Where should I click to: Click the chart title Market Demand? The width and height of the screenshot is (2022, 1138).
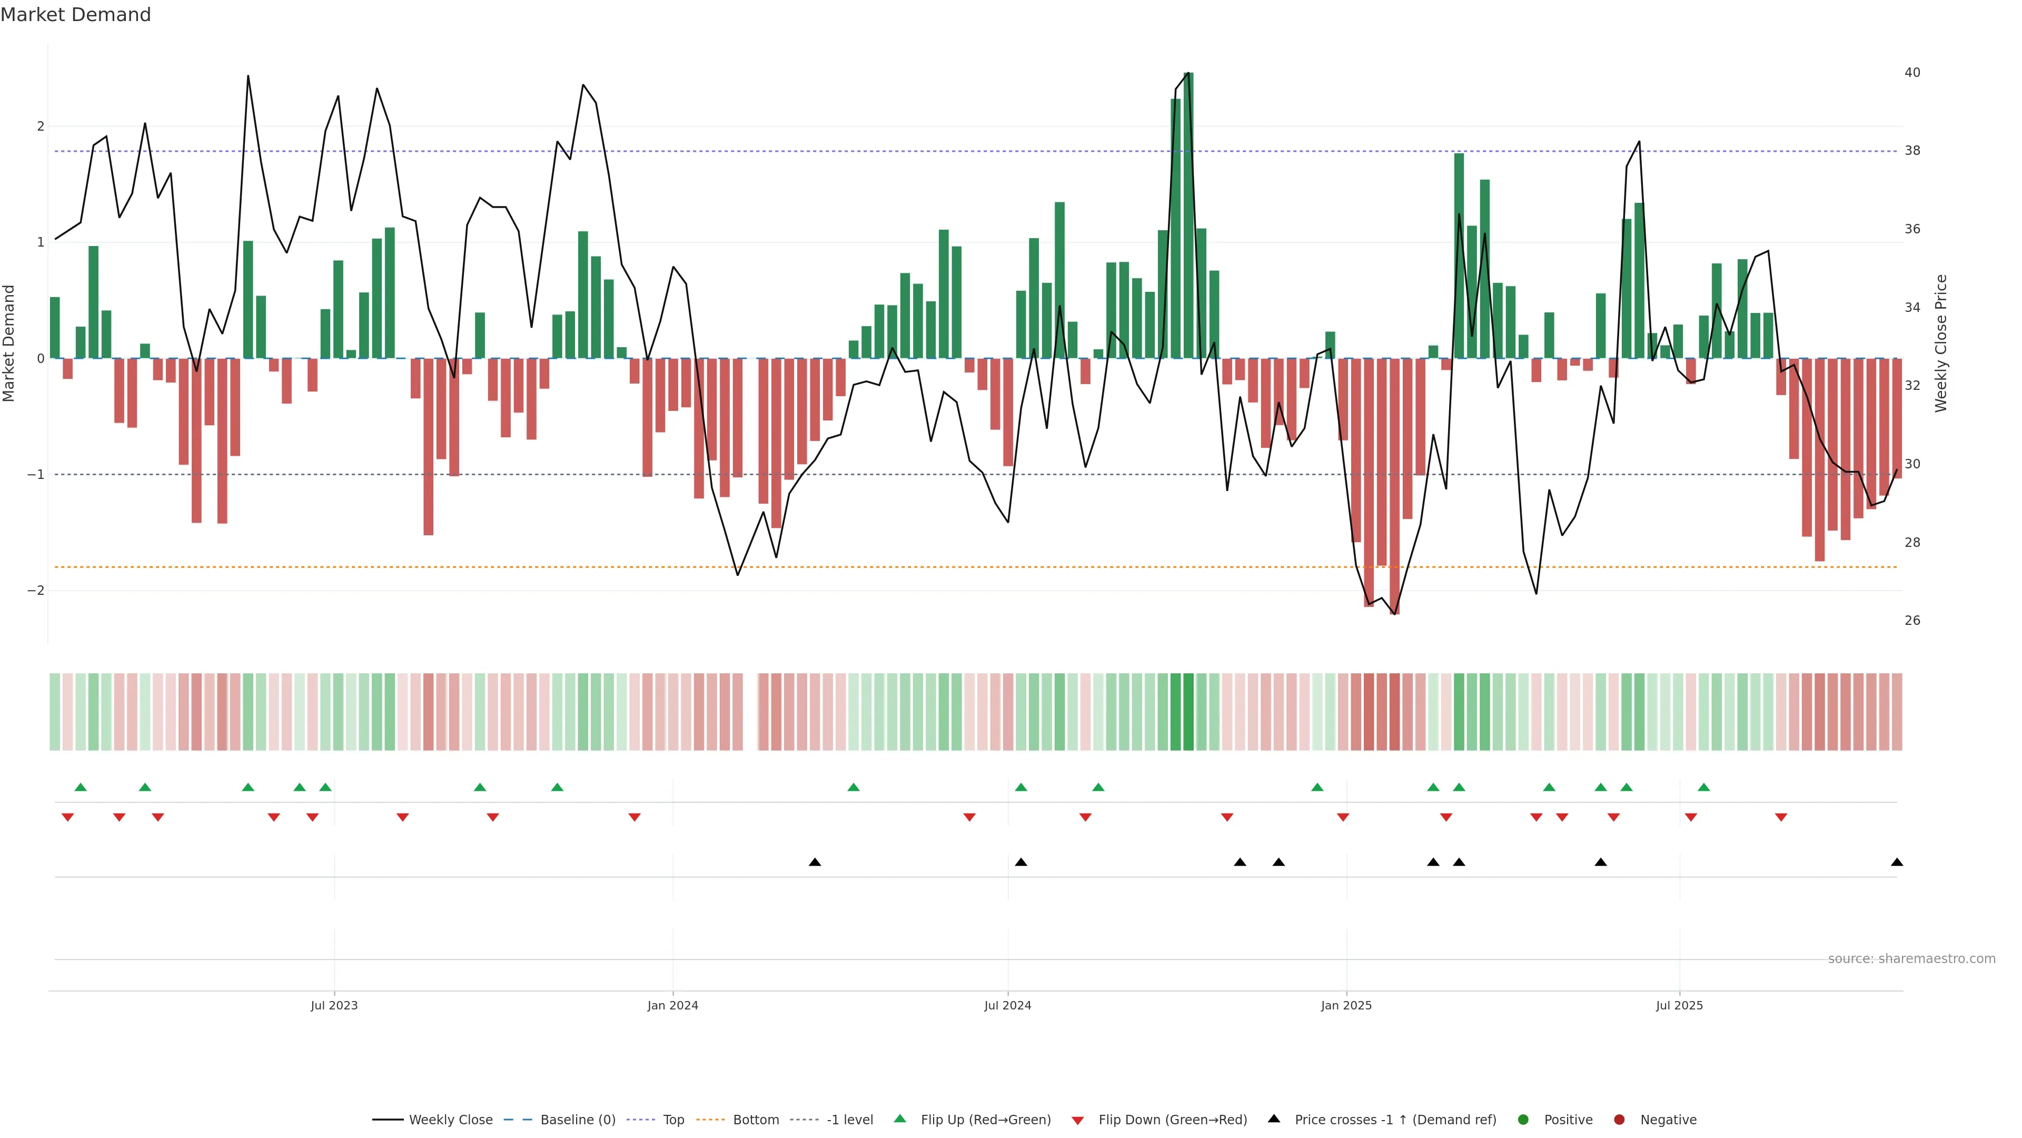pos(75,15)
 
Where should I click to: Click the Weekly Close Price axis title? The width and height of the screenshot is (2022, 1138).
pos(1941,343)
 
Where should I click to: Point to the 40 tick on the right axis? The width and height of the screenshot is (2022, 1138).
pos(1912,72)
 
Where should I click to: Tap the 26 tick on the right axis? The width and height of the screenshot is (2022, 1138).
pos(1912,621)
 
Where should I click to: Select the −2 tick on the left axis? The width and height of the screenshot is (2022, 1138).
pos(35,591)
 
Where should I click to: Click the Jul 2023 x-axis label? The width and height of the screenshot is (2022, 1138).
pos(334,1005)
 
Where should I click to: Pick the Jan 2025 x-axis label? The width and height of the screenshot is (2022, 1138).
pos(1346,1005)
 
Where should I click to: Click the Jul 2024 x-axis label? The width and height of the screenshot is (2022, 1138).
pos(1008,1005)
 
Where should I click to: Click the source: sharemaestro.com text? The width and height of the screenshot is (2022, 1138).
pos(1911,959)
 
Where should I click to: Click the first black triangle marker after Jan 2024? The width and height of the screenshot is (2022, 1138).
pos(815,862)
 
